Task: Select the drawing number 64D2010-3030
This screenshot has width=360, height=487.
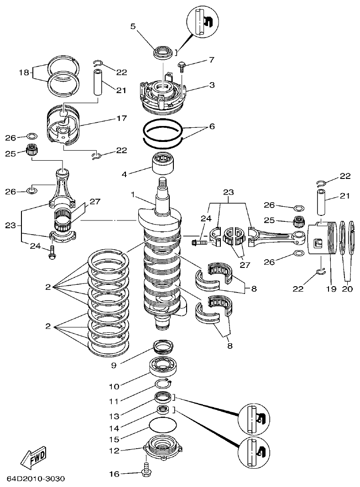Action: click(x=36, y=479)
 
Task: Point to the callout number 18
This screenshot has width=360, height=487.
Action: click(x=24, y=73)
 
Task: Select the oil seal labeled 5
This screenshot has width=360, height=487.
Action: click(x=162, y=52)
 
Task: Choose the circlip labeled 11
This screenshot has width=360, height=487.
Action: click(x=163, y=383)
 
